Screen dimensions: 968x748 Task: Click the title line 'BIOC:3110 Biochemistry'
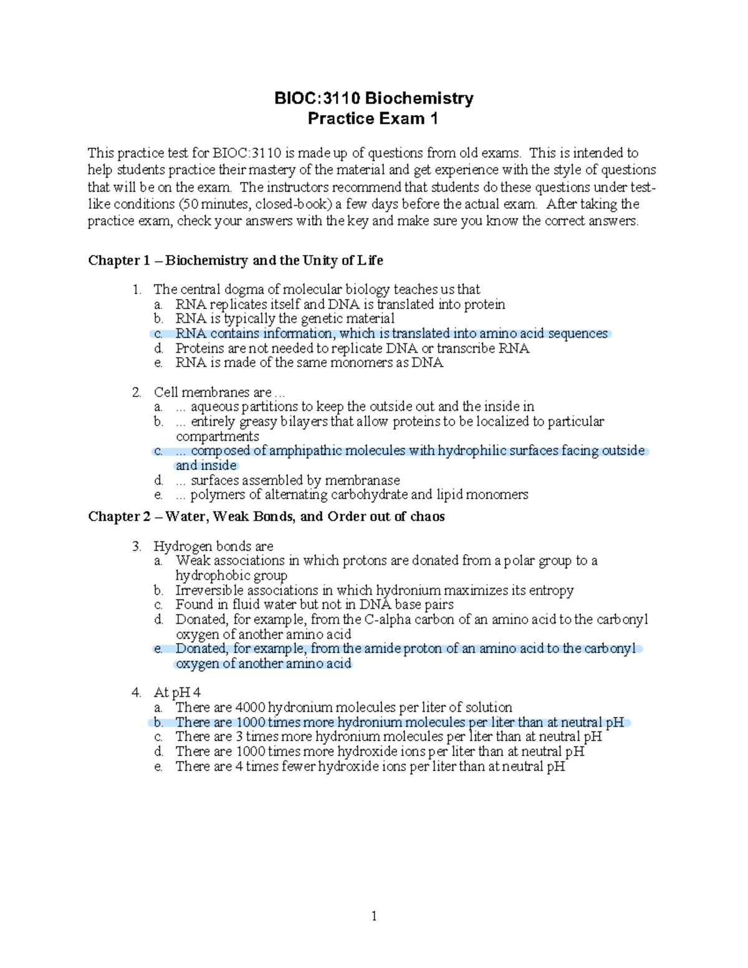[374, 98]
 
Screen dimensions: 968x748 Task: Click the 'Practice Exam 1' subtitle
[373, 118]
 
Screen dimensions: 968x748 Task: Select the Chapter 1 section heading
[235, 261]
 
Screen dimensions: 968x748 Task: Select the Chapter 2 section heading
[266, 517]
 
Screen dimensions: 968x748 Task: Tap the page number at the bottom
[374, 916]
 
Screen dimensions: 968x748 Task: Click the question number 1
[137, 289]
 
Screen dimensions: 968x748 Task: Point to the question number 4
[137, 692]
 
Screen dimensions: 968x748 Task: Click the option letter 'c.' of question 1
[158, 334]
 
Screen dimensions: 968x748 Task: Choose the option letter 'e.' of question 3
[158, 649]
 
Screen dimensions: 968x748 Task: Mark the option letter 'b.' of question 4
[158, 722]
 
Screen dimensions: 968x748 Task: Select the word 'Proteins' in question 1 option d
[198, 348]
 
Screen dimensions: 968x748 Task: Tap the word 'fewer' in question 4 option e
[298, 767]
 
